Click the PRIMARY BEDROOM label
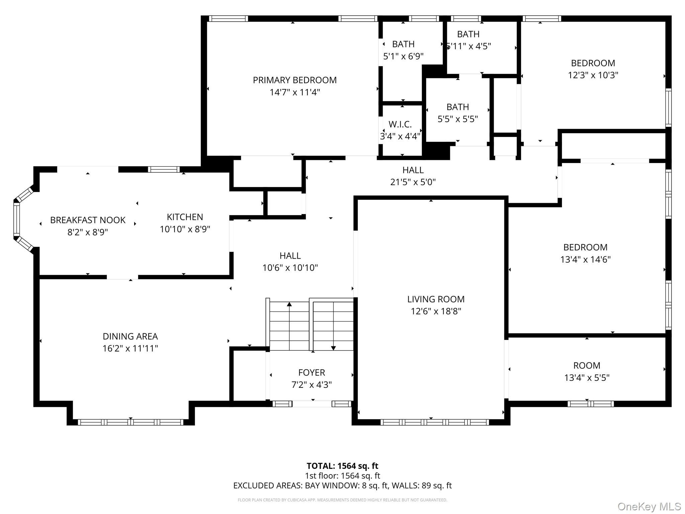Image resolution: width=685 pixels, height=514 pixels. click(x=295, y=80)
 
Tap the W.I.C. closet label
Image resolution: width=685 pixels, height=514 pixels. click(x=400, y=124)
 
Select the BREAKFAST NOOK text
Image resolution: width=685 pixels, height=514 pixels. click(x=88, y=220)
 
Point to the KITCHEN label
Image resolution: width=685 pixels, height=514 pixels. click(x=185, y=217)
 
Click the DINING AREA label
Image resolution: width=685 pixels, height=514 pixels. click(x=130, y=336)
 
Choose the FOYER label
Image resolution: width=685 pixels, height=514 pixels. click(x=312, y=372)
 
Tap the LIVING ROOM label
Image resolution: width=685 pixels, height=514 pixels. click(x=436, y=299)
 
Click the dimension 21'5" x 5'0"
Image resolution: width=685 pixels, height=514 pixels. click(x=413, y=182)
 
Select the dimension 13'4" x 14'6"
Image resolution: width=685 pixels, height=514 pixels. click(x=586, y=259)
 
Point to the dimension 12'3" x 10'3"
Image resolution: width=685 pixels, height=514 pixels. click(x=593, y=75)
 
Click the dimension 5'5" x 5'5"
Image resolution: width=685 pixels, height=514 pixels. click(x=458, y=119)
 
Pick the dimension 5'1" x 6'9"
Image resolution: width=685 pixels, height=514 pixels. click(x=403, y=56)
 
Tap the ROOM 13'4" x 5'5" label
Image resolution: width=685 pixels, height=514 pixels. click(x=587, y=371)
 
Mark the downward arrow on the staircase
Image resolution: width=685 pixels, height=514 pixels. click(x=333, y=326)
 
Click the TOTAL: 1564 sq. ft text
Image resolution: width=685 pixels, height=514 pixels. click(x=342, y=466)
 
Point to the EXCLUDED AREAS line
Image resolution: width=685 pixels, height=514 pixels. click(x=342, y=486)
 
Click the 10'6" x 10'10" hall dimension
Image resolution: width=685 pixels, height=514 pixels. click(x=290, y=268)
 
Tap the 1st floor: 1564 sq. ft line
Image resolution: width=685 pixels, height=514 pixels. click(x=342, y=476)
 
